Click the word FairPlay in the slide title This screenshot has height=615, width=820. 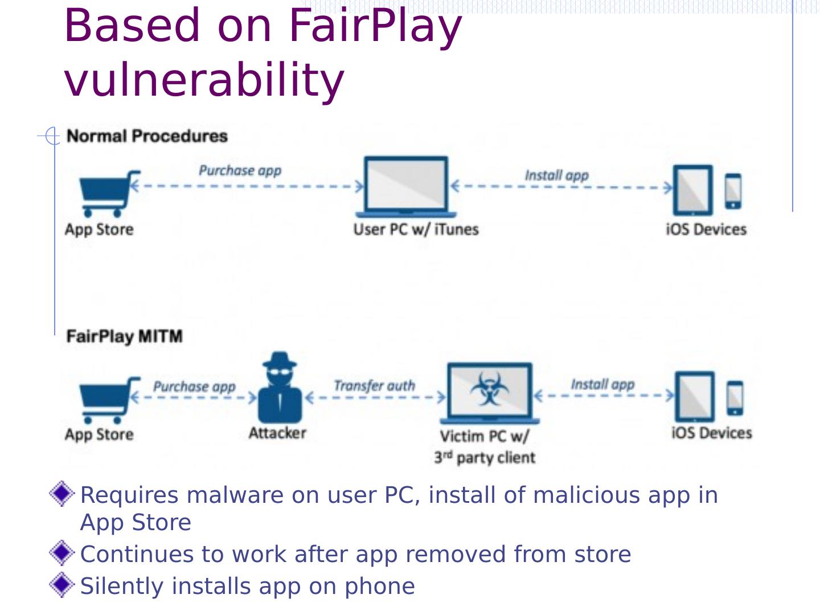coord(375,26)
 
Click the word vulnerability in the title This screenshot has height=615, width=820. coord(204,80)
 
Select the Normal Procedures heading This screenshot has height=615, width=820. coord(147,136)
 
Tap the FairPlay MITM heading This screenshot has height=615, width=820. coord(124,336)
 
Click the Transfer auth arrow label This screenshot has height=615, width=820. coord(374,386)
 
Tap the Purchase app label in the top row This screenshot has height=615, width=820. coord(240,170)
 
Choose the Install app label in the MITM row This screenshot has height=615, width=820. coord(602,384)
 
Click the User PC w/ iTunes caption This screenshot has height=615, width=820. coord(416,229)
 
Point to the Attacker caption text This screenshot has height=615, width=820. coord(277,433)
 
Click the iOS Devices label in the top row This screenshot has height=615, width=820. coord(706,229)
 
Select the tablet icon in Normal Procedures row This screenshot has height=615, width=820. coord(692,190)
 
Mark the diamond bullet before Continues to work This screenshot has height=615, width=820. coord(61,553)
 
